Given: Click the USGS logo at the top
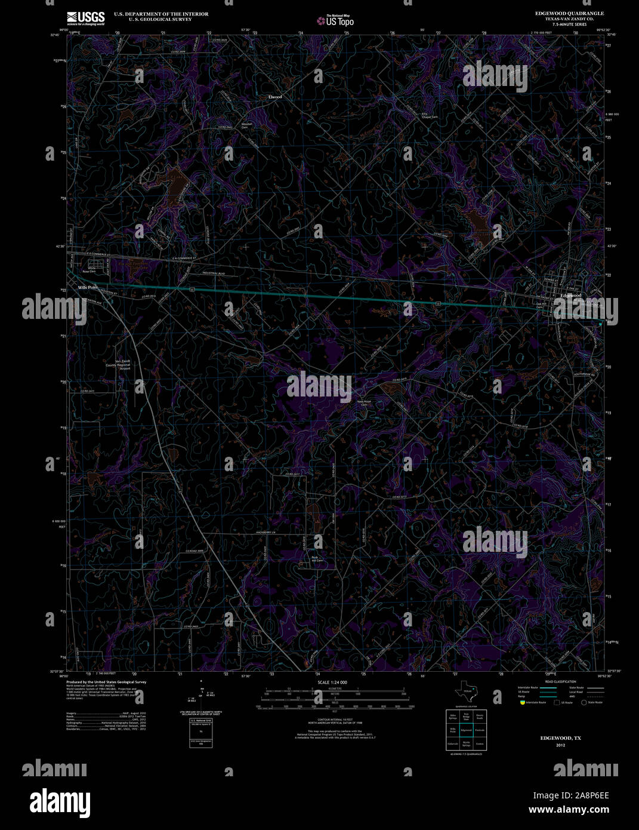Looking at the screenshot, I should pyautogui.click(x=85, y=17).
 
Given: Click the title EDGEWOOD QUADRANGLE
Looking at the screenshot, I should pyautogui.click(x=569, y=13).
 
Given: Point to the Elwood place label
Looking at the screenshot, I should pyautogui.click(x=274, y=97).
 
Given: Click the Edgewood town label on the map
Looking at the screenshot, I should pyautogui.click(x=571, y=296).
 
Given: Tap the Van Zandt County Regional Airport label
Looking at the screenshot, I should pyautogui.click(x=118, y=365).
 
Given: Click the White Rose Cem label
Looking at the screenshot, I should pyautogui.click(x=92, y=270).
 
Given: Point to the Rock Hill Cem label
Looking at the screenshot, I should pyautogui.click(x=316, y=559).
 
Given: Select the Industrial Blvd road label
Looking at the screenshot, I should pyautogui.click(x=213, y=273).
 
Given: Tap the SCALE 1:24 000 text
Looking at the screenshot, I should pyautogui.click(x=333, y=682).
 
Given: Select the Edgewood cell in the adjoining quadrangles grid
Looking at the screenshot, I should pyautogui.click(x=467, y=730).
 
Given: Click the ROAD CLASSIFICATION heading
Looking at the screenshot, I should pyautogui.click(x=560, y=681).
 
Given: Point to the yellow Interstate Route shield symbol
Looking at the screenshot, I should pyautogui.click(x=521, y=702).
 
